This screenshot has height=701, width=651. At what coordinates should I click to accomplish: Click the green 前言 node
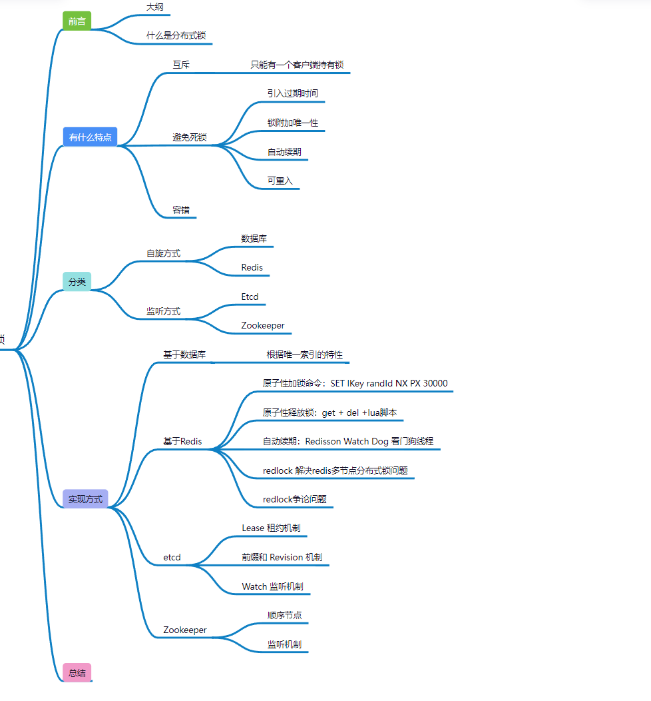coord(77,21)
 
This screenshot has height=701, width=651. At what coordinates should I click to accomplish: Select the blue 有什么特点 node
coord(90,137)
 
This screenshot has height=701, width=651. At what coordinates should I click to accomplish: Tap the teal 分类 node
coord(77,281)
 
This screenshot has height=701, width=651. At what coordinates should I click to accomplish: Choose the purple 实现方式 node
coord(85,499)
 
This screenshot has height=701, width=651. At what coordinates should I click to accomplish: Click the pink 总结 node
coord(77,673)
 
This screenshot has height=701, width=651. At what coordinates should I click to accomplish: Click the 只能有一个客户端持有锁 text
coord(297,65)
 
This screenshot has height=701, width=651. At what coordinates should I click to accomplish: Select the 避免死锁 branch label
coord(190,137)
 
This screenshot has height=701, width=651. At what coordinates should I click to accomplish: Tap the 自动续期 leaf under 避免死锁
coord(284,152)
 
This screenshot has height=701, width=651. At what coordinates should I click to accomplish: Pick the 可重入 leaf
coord(280,181)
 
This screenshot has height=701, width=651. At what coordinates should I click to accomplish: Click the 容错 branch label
coord(181,210)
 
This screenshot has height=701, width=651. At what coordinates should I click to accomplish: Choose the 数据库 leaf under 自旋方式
coord(254,238)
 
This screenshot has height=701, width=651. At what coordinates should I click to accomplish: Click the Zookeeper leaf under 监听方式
coord(263,325)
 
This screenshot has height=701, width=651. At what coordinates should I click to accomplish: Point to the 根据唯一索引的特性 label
coord(304,354)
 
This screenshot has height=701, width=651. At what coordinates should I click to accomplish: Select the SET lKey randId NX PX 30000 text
coord(389,383)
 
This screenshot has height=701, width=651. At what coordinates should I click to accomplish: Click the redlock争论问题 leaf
coord(294,499)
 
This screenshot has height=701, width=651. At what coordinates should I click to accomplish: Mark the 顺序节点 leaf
coord(284,615)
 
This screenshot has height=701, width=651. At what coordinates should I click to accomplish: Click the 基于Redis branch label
coord(182,441)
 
